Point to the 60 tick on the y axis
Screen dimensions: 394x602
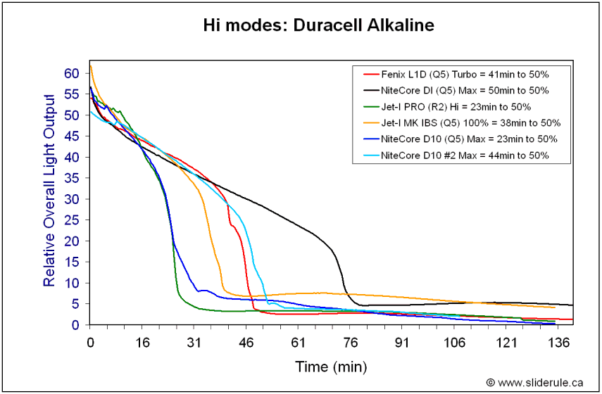point(72,73)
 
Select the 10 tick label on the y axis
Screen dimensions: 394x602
point(72,283)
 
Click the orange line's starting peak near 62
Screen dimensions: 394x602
point(91,66)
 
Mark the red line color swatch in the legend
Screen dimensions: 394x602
point(370,74)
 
